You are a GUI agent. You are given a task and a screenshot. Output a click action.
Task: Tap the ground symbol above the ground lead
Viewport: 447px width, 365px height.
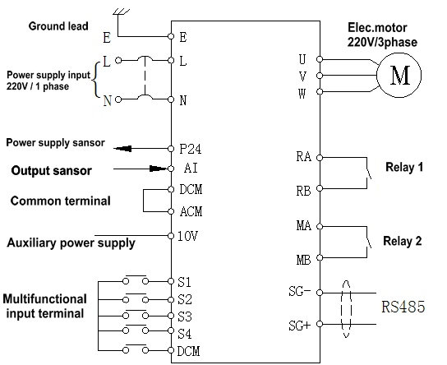(x=121, y=12)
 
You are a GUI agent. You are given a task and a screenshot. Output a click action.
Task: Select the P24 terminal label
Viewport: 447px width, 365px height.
(x=190, y=149)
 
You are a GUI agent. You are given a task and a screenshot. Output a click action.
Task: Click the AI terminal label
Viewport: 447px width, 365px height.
(x=191, y=168)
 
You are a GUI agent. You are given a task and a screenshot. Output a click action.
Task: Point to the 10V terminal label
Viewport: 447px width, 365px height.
(x=187, y=236)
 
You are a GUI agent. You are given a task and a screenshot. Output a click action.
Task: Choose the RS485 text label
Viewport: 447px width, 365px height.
(x=403, y=307)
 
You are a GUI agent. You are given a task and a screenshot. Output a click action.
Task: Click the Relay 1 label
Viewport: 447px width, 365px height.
(x=404, y=167)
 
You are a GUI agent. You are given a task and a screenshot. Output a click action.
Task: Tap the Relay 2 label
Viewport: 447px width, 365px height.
(x=403, y=241)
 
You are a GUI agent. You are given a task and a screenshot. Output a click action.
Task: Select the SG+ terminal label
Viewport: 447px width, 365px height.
(x=299, y=326)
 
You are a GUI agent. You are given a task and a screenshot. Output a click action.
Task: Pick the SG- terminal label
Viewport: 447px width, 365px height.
(x=299, y=292)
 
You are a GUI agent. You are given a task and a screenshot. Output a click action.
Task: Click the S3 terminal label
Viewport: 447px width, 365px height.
(x=185, y=316)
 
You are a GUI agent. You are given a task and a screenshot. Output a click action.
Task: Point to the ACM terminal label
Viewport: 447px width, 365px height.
(x=191, y=211)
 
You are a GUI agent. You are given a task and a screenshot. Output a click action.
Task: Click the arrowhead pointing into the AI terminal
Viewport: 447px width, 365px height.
(x=159, y=169)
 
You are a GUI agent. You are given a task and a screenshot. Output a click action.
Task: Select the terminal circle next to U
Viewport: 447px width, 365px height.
(x=320, y=59)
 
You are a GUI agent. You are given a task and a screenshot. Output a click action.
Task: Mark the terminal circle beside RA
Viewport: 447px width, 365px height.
(x=320, y=157)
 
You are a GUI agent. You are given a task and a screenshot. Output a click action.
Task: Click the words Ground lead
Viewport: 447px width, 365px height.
(x=58, y=26)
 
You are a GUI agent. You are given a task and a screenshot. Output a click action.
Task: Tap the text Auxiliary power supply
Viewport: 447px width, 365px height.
(x=71, y=243)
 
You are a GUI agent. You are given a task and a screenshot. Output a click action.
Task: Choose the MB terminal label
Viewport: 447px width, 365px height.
(x=303, y=260)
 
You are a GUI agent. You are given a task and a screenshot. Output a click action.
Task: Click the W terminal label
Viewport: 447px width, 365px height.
(x=302, y=93)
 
